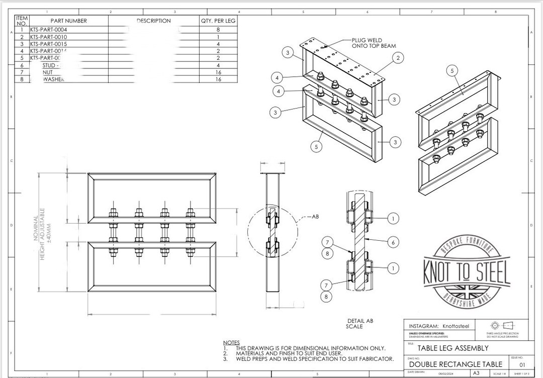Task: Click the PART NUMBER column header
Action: click(x=69, y=21)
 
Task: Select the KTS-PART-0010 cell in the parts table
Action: click(x=48, y=37)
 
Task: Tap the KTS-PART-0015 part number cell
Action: click(x=48, y=44)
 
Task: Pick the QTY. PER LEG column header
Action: click(x=218, y=21)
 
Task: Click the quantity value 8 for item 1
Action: click(x=218, y=30)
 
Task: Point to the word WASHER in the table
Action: click(x=53, y=79)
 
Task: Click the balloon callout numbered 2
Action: click(x=398, y=58)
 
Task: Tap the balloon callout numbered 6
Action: click(x=393, y=242)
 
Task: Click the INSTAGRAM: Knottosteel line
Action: click(x=438, y=326)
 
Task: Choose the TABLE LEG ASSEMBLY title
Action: click(x=446, y=348)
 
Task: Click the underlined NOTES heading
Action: click(x=231, y=342)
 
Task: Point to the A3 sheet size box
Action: click(x=476, y=373)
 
